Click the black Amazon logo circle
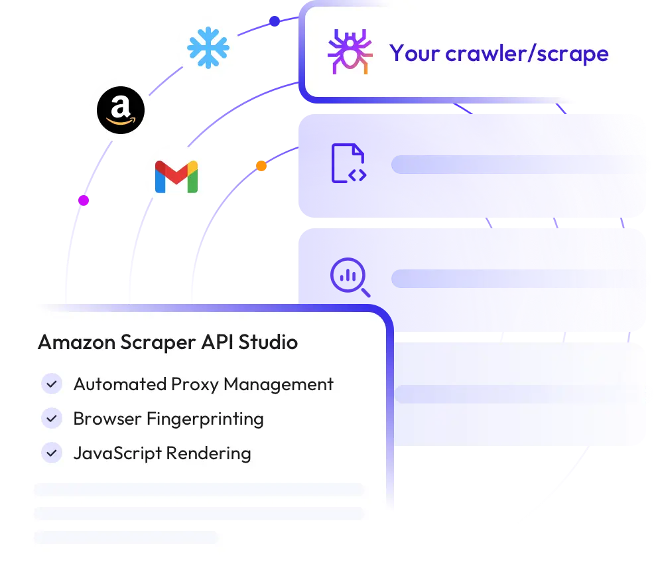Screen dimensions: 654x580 (x=121, y=110)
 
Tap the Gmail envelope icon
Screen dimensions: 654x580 (x=176, y=177)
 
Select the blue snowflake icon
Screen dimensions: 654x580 (x=208, y=48)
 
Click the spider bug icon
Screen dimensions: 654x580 (x=350, y=52)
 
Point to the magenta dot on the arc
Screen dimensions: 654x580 (x=84, y=200)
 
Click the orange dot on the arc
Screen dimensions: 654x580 (x=261, y=166)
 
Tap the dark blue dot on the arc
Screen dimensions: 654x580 (x=275, y=21)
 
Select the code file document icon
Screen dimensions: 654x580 (x=349, y=163)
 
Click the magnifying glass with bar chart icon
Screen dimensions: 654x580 (x=350, y=277)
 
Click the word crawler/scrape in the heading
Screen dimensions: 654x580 (x=527, y=53)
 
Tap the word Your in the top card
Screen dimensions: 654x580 (x=415, y=53)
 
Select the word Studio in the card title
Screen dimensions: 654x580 (x=268, y=342)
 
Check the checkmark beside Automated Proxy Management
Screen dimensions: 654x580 (x=52, y=384)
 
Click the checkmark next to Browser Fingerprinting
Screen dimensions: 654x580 (x=52, y=419)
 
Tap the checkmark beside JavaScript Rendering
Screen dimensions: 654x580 (x=52, y=453)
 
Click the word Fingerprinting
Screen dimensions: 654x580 (x=205, y=419)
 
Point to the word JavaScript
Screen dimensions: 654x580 (x=117, y=454)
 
